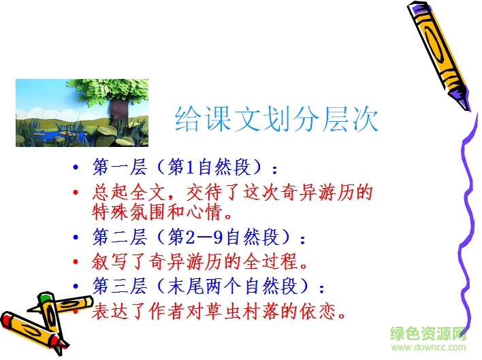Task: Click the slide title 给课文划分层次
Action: (x=276, y=119)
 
